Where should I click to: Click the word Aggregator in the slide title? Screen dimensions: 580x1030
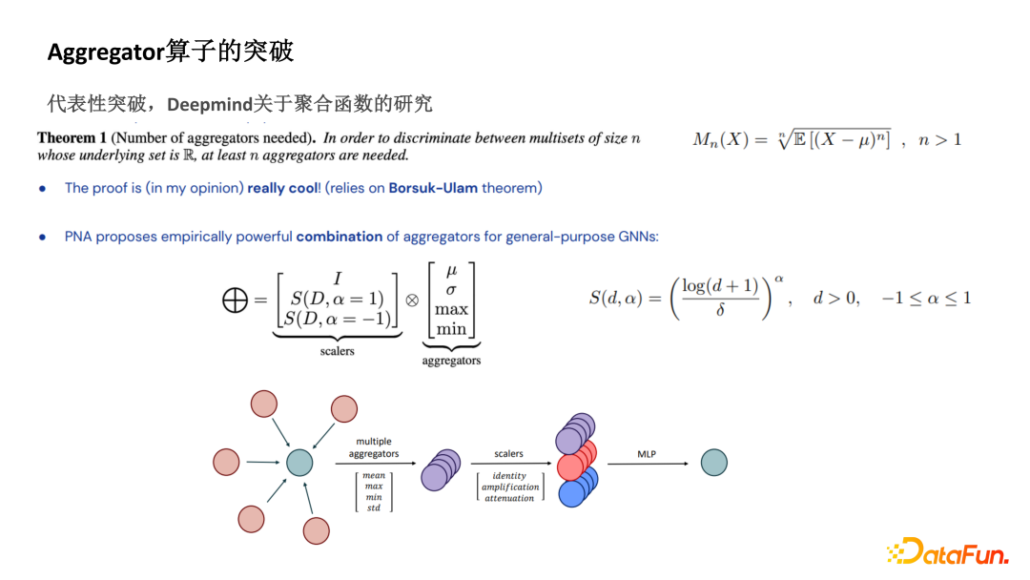point(106,52)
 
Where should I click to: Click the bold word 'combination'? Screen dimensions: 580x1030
point(340,236)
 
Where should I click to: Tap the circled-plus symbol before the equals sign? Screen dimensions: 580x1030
point(234,300)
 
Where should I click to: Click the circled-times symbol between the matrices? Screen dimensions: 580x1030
point(412,299)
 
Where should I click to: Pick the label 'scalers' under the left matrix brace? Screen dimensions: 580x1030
point(337,351)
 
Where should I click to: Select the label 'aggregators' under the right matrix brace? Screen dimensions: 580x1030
point(451,361)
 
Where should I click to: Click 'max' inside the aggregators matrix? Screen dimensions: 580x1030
point(451,309)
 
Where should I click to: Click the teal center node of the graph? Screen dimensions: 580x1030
point(299,463)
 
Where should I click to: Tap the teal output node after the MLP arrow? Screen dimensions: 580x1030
point(713,463)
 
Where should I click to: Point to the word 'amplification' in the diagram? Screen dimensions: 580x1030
point(510,487)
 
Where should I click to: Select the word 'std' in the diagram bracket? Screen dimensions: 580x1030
point(374,507)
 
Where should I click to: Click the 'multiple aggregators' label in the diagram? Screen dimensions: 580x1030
point(374,447)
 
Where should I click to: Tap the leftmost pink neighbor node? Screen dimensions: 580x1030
point(226,462)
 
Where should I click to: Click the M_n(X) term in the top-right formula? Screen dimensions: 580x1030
point(719,140)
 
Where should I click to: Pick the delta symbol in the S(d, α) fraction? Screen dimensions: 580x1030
point(719,310)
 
